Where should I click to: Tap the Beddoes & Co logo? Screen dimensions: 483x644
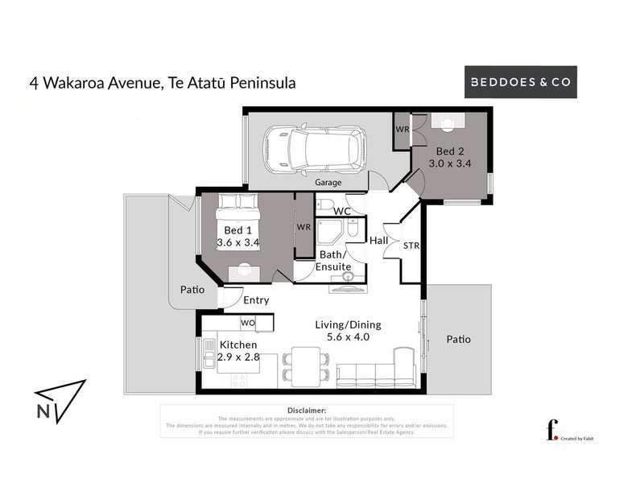pos(522,82)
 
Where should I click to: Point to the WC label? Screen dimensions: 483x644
pos(343,211)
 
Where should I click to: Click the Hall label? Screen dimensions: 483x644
pos(378,241)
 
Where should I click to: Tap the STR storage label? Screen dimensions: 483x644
pos(411,246)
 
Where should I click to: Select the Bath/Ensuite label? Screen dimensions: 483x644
pos(332,260)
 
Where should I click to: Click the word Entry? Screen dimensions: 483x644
pos(256,300)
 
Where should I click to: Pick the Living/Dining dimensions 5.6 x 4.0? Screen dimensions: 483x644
pos(348,337)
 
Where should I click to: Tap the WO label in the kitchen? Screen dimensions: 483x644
pos(248,323)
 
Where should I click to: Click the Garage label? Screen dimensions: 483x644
pos(328,183)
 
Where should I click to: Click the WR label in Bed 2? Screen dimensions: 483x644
pos(402,129)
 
